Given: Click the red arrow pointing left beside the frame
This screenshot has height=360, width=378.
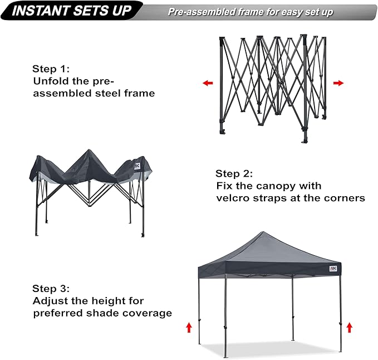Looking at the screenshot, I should (208, 83).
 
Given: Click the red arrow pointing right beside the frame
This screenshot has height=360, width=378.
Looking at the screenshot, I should (338, 83).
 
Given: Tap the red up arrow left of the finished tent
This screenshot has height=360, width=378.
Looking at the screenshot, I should (188, 327).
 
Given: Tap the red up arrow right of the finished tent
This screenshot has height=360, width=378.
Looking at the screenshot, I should (349, 327).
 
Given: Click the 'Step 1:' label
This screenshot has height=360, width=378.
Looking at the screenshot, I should (51, 69).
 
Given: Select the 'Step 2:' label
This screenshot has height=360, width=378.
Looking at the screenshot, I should (235, 173).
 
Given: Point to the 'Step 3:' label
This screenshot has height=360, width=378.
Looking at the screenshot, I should (51, 289).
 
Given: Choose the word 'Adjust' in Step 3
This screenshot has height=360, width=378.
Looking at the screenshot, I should (50, 301).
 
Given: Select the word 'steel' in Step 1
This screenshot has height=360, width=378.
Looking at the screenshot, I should (106, 94).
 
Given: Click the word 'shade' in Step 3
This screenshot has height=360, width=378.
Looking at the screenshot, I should (107, 313).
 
